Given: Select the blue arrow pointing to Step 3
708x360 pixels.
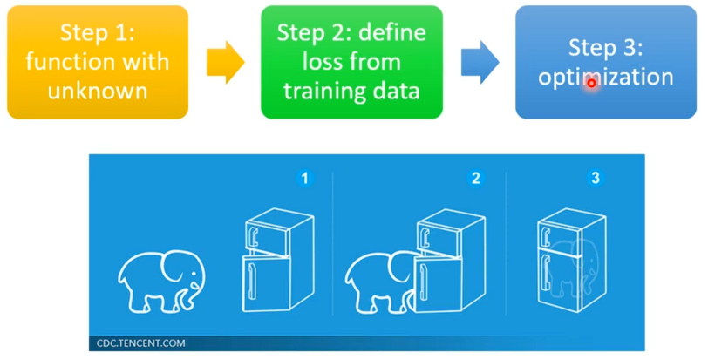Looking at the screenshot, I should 480,61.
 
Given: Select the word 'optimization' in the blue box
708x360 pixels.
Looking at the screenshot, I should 605,77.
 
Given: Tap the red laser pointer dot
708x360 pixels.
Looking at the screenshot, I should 591,83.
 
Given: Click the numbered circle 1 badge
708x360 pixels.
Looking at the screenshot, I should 304,179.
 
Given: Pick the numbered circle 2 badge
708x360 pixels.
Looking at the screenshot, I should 475,179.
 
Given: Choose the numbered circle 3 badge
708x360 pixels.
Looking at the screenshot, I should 596,179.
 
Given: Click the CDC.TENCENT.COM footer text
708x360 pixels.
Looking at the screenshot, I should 141,343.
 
